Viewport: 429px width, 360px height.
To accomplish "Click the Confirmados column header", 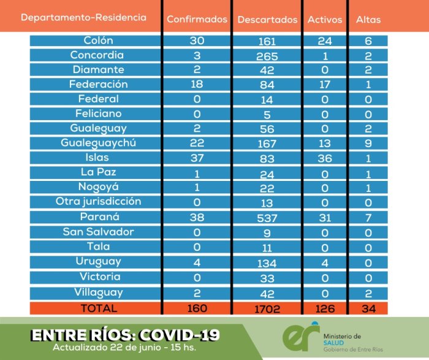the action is (x=197, y=19).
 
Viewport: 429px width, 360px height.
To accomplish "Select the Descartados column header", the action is (x=267, y=20).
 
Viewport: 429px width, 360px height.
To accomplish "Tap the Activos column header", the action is (x=325, y=20).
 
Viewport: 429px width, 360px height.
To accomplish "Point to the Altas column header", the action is (x=368, y=20).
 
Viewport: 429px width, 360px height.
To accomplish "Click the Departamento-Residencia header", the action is (x=83, y=17).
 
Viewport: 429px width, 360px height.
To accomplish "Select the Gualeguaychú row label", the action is (x=98, y=143).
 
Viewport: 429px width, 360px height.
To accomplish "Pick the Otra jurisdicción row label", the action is (x=98, y=202).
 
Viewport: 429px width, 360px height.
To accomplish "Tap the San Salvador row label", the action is (x=98, y=232).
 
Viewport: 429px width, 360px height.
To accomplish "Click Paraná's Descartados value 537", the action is (x=267, y=218).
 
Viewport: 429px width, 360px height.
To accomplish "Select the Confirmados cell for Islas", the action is (x=197, y=158).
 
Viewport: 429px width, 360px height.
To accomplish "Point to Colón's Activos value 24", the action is (x=325, y=41).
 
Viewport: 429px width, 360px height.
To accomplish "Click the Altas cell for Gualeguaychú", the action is (x=368, y=143).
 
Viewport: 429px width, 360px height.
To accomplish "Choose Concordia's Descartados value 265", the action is (x=267, y=56).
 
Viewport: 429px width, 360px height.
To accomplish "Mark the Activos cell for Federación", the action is (x=325, y=85).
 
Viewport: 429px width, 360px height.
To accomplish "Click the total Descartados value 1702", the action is (x=267, y=309).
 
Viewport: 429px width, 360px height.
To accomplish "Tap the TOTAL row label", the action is (x=99, y=308).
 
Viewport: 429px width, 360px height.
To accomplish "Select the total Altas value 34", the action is (x=368, y=309).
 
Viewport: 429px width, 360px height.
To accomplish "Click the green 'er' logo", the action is (x=301, y=337).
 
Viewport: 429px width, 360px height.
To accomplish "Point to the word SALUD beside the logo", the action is (x=333, y=343).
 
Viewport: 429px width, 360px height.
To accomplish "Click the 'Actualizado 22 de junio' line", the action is (x=124, y=347).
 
